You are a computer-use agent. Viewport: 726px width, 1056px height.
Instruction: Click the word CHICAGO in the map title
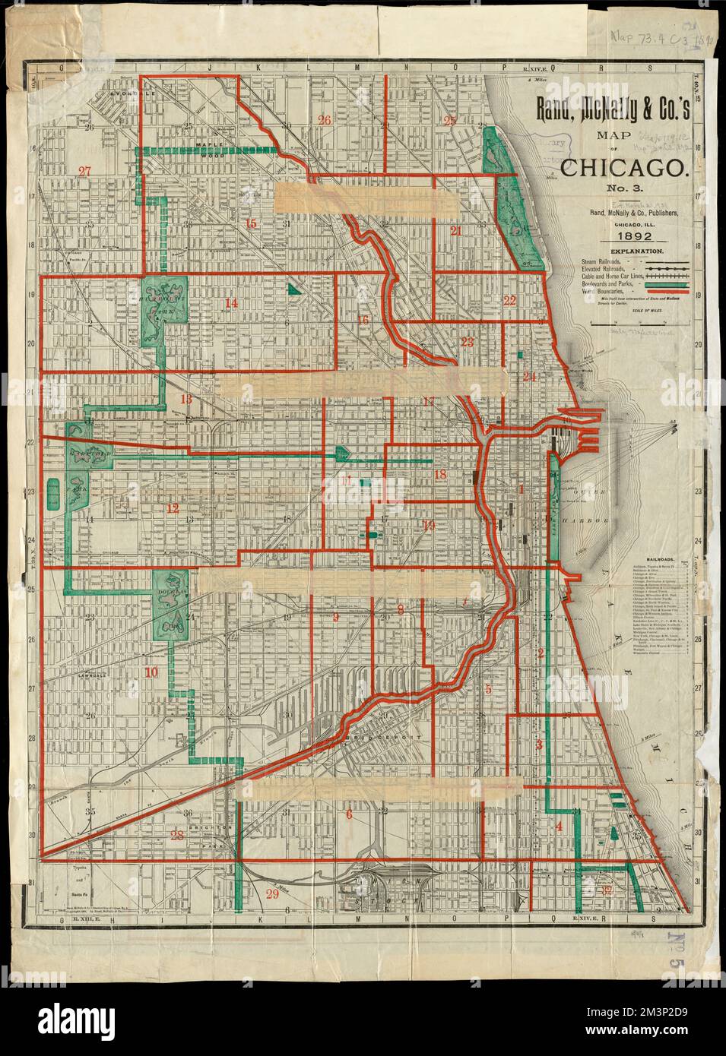tap(626, 167)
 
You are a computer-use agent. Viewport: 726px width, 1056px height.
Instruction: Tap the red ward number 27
tap(84, 171)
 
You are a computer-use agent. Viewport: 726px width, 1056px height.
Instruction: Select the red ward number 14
tap(230, 304)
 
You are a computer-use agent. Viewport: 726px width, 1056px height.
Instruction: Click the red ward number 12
tap(173, 508)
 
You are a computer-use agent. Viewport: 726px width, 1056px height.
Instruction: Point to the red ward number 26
tap(325, 120)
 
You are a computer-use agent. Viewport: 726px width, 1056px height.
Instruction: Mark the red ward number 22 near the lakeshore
tap(509, 300)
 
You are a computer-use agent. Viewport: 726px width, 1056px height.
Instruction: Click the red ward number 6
tap(349, 814)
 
